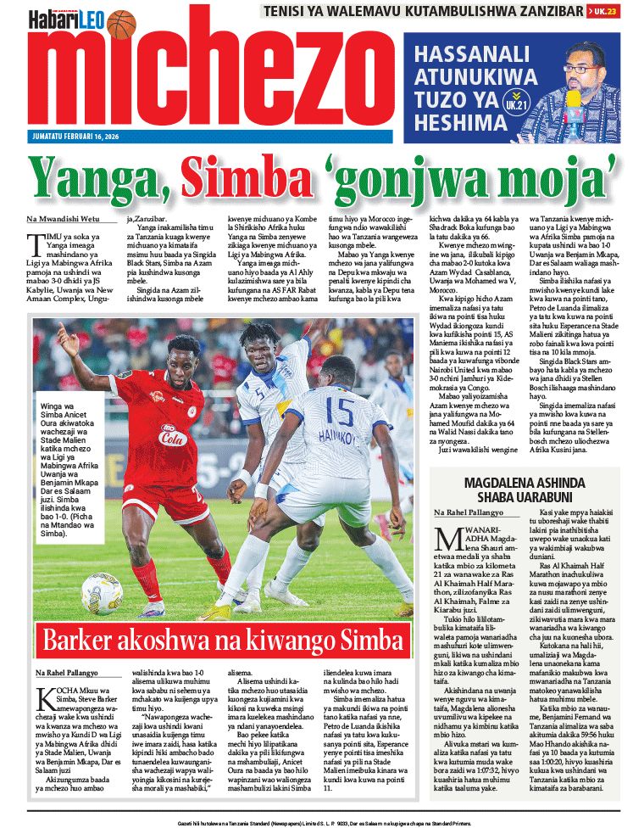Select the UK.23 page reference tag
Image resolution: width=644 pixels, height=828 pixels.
click(602, 11)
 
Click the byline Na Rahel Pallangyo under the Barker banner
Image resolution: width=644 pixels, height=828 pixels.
click(71, 673)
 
